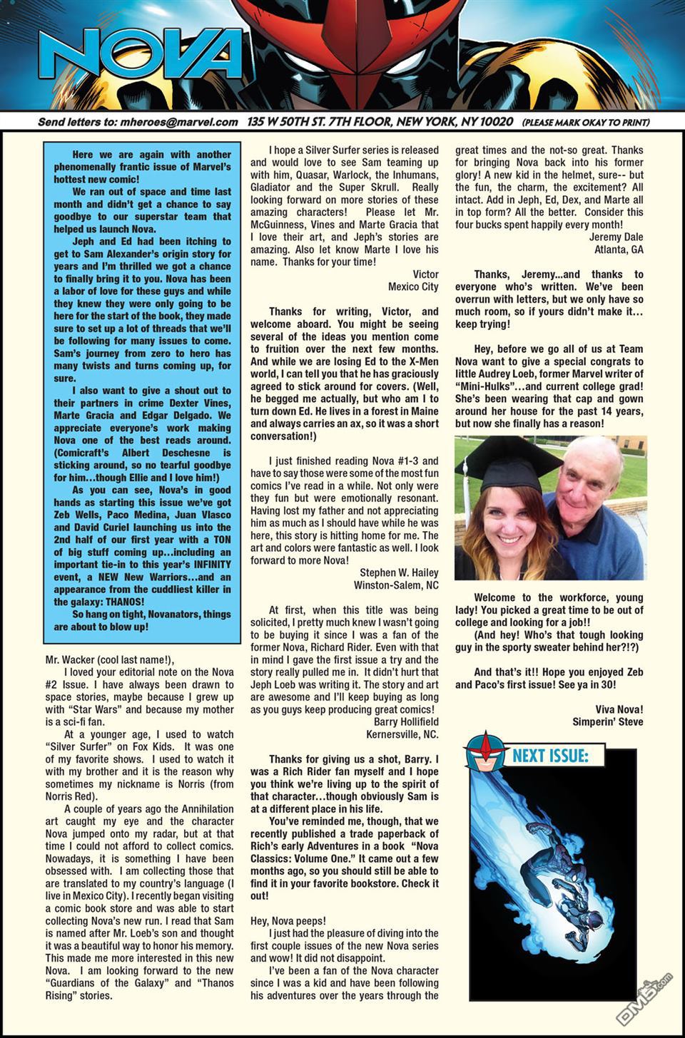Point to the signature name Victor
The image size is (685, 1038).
pyautogui.click(x=425, y=274)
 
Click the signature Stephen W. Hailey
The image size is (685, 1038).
pyautogui.click(x=399, y=572)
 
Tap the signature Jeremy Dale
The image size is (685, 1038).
pyautogui.click(x=616, y=237)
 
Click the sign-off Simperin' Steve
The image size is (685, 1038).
pyautogui.click(x=607, y=721)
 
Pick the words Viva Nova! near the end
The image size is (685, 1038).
pyautogui.click(x=619, y=709)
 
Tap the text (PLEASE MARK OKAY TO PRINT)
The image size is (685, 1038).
pyautogui.click(x=585, y=123)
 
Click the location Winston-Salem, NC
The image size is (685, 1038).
pyautogui.click(x=396, y=585)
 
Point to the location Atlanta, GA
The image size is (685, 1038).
pyautogui.click(x=619, y=250)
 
